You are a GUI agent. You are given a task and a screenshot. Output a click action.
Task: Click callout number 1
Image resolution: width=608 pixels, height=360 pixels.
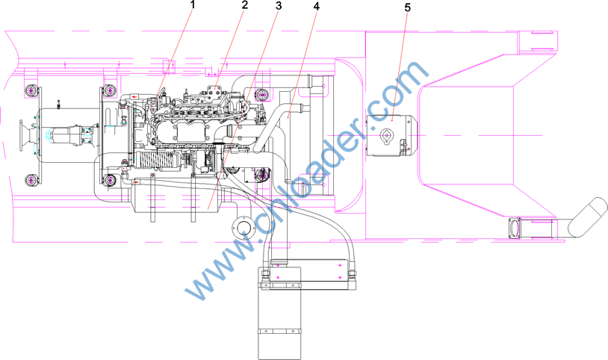(x=193, y=5)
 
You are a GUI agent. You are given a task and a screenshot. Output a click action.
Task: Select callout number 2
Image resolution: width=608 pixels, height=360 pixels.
(x=244, y=5)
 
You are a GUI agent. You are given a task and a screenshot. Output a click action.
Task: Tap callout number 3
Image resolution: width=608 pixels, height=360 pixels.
(x=279, y=6)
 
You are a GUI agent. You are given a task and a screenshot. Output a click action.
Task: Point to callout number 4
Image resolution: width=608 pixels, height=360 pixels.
(x=317, y=7)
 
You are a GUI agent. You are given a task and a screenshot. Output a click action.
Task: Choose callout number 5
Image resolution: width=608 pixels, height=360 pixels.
(x=407, y=8)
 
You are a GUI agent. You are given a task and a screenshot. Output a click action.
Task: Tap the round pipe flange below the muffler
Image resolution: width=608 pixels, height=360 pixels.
(x=243, y=227)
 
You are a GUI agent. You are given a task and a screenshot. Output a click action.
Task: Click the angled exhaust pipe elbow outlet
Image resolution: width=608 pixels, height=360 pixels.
(x=589, y=215)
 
